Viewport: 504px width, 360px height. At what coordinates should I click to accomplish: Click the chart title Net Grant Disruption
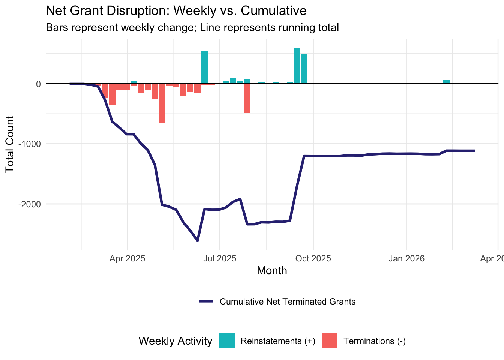pos(176,10)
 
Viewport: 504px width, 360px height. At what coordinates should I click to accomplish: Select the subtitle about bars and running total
pos(192,27)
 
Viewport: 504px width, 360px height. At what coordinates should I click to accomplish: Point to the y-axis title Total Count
pos(10,144)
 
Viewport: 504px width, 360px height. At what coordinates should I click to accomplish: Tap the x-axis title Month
pos(272,270)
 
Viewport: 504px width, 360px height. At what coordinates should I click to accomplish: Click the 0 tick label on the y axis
pos(38,84)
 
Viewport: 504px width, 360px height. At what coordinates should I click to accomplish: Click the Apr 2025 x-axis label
pos(127,258)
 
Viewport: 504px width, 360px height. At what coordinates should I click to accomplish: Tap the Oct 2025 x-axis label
pos(313,258)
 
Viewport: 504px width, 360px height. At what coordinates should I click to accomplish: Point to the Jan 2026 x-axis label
pos(406,258)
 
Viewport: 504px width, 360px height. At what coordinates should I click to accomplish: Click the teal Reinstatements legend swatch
pos(227,340)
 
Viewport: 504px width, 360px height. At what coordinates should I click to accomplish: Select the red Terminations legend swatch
pos(330,340)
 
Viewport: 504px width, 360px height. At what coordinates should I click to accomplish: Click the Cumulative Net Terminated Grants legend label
pos(287,301)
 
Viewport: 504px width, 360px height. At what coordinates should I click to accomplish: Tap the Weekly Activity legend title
pos(175,341)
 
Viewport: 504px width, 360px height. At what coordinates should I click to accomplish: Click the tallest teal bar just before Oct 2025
pos(297,66)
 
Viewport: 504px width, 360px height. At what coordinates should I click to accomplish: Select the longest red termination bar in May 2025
pos(162,103)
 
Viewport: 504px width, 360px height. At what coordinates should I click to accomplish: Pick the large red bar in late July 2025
pos(247,98)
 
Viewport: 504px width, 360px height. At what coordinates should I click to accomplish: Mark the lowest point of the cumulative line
pos(198,240)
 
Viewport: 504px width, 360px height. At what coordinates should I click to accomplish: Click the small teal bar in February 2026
pos(446,82)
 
